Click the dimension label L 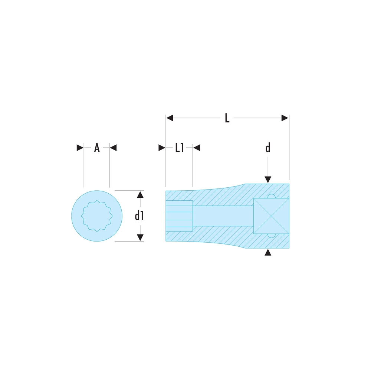[x=227, y=118]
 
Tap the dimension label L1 [x=179, y=148]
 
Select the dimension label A [x=97, y=148]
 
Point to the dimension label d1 [x=139, y=216]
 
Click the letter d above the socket [x=268, y=148]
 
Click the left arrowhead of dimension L [x=170, y=118]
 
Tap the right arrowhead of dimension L [x=285, y=118]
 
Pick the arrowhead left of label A [x=80, y=148]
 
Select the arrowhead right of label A [x=113, y=148]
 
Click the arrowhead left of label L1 [x=162, y=148]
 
